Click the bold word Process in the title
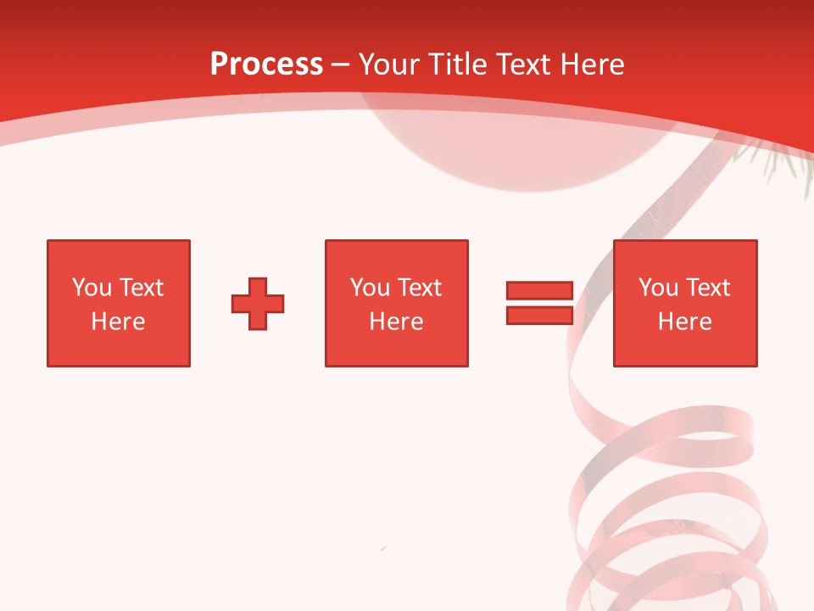266,64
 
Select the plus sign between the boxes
258,304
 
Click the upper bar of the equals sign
539,291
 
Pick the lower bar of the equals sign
539,315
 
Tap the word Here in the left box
118,322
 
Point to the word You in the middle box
370,288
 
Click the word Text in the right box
707,288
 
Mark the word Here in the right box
684,322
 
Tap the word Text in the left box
141,288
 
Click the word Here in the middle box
396,322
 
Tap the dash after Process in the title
340,65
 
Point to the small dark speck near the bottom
384,549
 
